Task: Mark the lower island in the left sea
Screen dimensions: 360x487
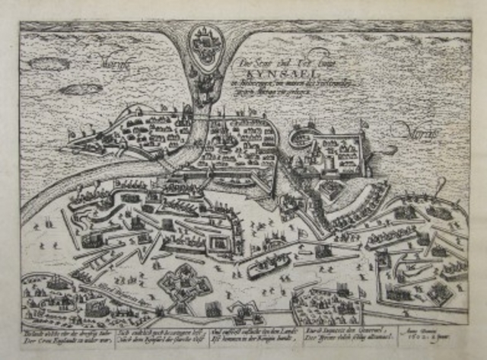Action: coord(81,89)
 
